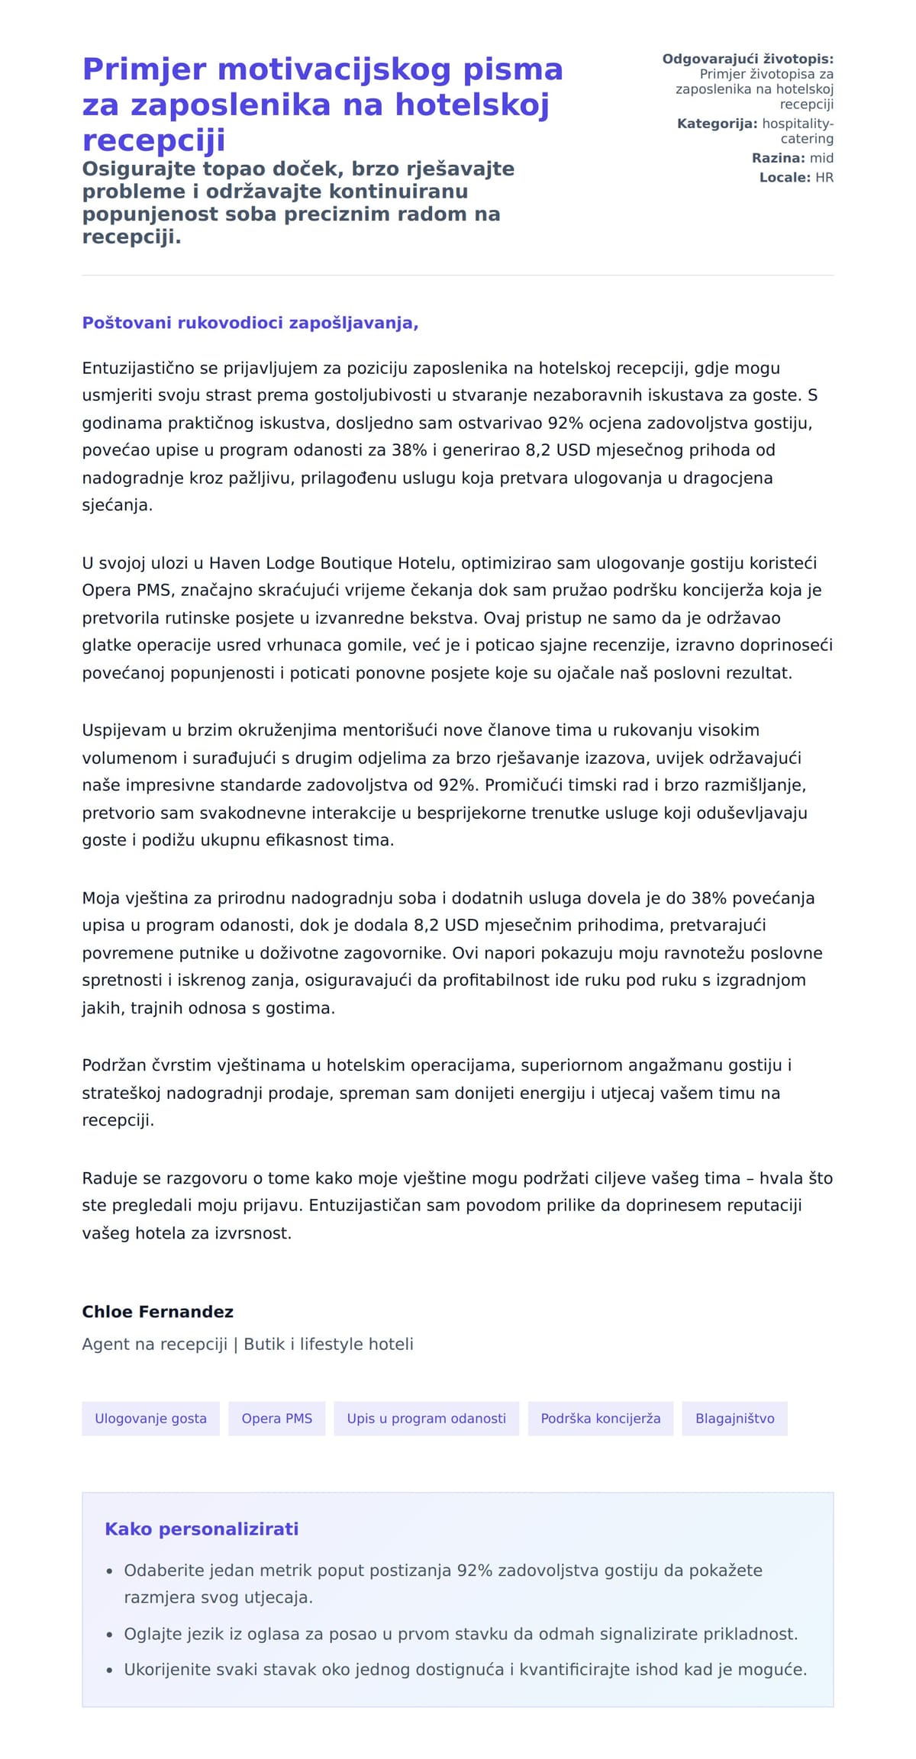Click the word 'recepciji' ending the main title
(x=153, y=140)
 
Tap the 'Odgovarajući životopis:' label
(x=747, y=59)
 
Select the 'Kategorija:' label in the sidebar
(x=717, y=124)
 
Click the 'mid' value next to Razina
(x=821, y=158)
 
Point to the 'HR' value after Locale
(x=824, y=178)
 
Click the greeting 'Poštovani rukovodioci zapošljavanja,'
(x=250, y=323)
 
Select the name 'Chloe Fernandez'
(x=157, y=1312)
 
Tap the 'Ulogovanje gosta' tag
(x=150, y=1419)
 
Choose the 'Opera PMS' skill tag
(x=276, y=1419)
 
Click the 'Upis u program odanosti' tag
(x=426, y=1419)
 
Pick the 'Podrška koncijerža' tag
(x=601, y=1419)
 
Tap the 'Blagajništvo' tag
(x=734, y=1419)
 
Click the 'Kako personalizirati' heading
(x=202, y=1529)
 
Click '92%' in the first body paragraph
(x=565, y=423)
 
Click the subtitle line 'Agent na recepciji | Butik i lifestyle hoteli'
(x=247, y=1344)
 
